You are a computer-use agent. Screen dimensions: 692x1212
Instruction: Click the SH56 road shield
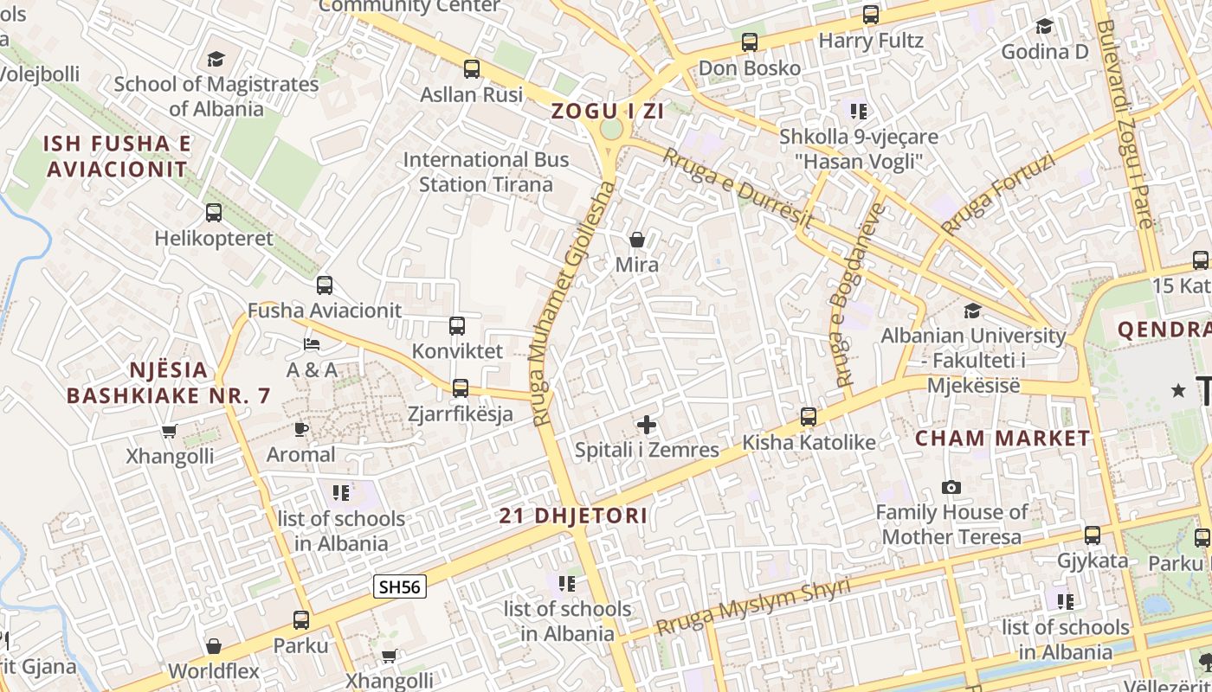tap(400, 586)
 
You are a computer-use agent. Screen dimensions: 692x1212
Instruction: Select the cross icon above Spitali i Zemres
tap(647, 425)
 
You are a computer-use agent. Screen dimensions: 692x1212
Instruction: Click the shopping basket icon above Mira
tap(637, 240)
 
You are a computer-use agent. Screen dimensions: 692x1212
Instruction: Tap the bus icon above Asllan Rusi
tap(472, 69)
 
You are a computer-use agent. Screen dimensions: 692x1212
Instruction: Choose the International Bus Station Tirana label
tap(486, 172)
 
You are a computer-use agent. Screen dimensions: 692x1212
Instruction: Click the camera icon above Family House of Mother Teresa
tap(951, 488)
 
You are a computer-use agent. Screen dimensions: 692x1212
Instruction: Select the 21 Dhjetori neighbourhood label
tap(573, 516)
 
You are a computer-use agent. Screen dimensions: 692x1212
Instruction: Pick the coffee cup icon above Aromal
tap(300, 429)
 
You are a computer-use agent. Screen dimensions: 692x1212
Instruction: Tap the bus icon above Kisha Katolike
tap(809, 417)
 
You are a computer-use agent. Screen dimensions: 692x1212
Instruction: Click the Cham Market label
tap(1002, 438)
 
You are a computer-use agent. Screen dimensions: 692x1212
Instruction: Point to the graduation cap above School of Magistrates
tap(216, 60)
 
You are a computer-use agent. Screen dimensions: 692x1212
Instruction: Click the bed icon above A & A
tap(312, 345)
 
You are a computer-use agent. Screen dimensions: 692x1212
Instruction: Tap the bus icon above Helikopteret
tap(214, 212)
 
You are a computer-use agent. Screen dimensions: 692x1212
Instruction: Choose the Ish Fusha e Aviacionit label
tap(117, 156)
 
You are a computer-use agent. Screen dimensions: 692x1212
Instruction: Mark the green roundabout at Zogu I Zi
tap(611, 130)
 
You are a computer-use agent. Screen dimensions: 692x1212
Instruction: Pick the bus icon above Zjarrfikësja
tap(461, 388)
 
